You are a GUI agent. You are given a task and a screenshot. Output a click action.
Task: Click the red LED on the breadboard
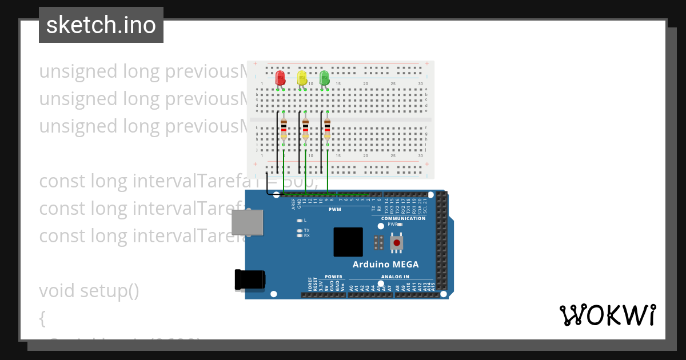point(280,78)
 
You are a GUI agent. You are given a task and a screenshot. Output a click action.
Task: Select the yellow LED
point(302,78)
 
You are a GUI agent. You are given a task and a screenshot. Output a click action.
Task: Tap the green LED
point(325,78)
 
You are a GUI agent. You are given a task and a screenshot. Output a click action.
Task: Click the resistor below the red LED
point(284,130)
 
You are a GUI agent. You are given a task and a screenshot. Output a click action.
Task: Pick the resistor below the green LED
point(327,130)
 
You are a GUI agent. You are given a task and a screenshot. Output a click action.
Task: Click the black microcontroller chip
point(348,242)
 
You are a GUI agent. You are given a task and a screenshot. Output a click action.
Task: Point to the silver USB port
point(248,222)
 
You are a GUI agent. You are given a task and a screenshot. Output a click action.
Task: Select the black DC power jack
point(250,280)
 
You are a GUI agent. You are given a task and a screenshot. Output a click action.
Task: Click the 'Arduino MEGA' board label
point(385,265)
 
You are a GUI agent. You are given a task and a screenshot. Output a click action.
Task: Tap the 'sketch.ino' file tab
point(101,25)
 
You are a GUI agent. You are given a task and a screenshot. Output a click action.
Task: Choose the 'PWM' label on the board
point(334,209)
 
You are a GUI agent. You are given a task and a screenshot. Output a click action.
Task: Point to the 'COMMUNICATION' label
point(403,218)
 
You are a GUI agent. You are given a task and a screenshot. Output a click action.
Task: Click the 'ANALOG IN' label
point(395,277)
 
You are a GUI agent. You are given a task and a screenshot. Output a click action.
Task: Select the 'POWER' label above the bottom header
point(333,277)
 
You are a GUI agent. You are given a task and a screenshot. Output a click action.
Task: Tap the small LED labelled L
point(299,220)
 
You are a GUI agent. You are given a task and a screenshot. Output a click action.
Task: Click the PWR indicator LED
point(400,225)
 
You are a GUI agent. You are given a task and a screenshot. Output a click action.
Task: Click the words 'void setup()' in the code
point(89,291)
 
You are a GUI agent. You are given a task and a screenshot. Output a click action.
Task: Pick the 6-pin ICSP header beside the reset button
point(378,242)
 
